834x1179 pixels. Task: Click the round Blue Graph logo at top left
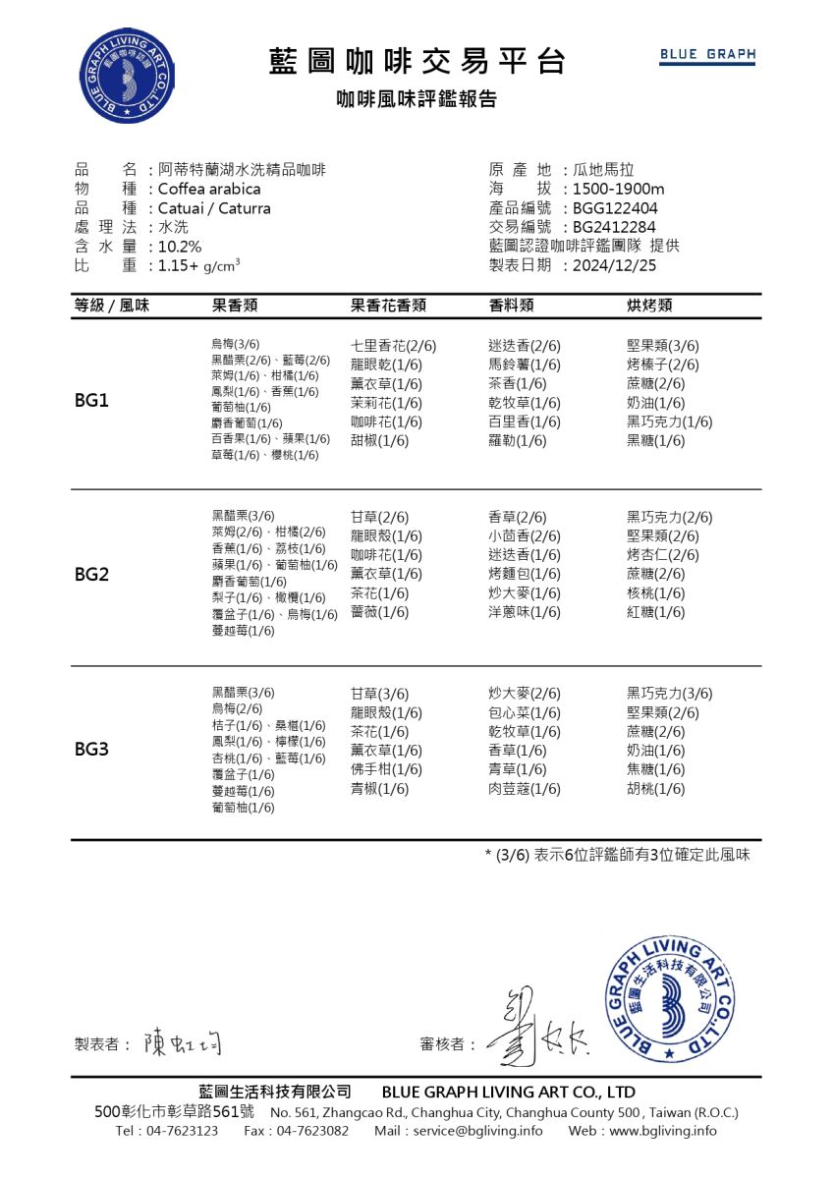pos(129,77)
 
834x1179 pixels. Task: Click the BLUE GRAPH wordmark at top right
pos(707,55)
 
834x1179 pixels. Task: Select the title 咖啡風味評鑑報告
pos(417,99)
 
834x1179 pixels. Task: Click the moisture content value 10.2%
pos(180,247)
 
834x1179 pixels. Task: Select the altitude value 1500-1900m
pos(619,189)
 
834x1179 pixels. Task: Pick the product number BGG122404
pos(615,208)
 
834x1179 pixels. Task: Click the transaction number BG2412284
pos(614,227)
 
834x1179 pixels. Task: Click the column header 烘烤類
pos(649,306)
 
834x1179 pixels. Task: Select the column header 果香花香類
pos(388,306)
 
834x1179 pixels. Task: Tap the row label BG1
pos(91,402)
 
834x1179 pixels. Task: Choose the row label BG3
pos(91,750)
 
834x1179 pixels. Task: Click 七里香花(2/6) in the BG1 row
pos(393,346)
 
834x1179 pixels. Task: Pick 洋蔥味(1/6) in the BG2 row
pos(525,612)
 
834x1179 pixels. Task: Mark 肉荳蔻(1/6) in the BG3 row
pos(525,789)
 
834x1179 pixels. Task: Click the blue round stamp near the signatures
pos(670,1001)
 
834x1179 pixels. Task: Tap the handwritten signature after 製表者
pos(182,1041)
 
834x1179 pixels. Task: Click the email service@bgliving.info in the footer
pos(477,1131)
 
